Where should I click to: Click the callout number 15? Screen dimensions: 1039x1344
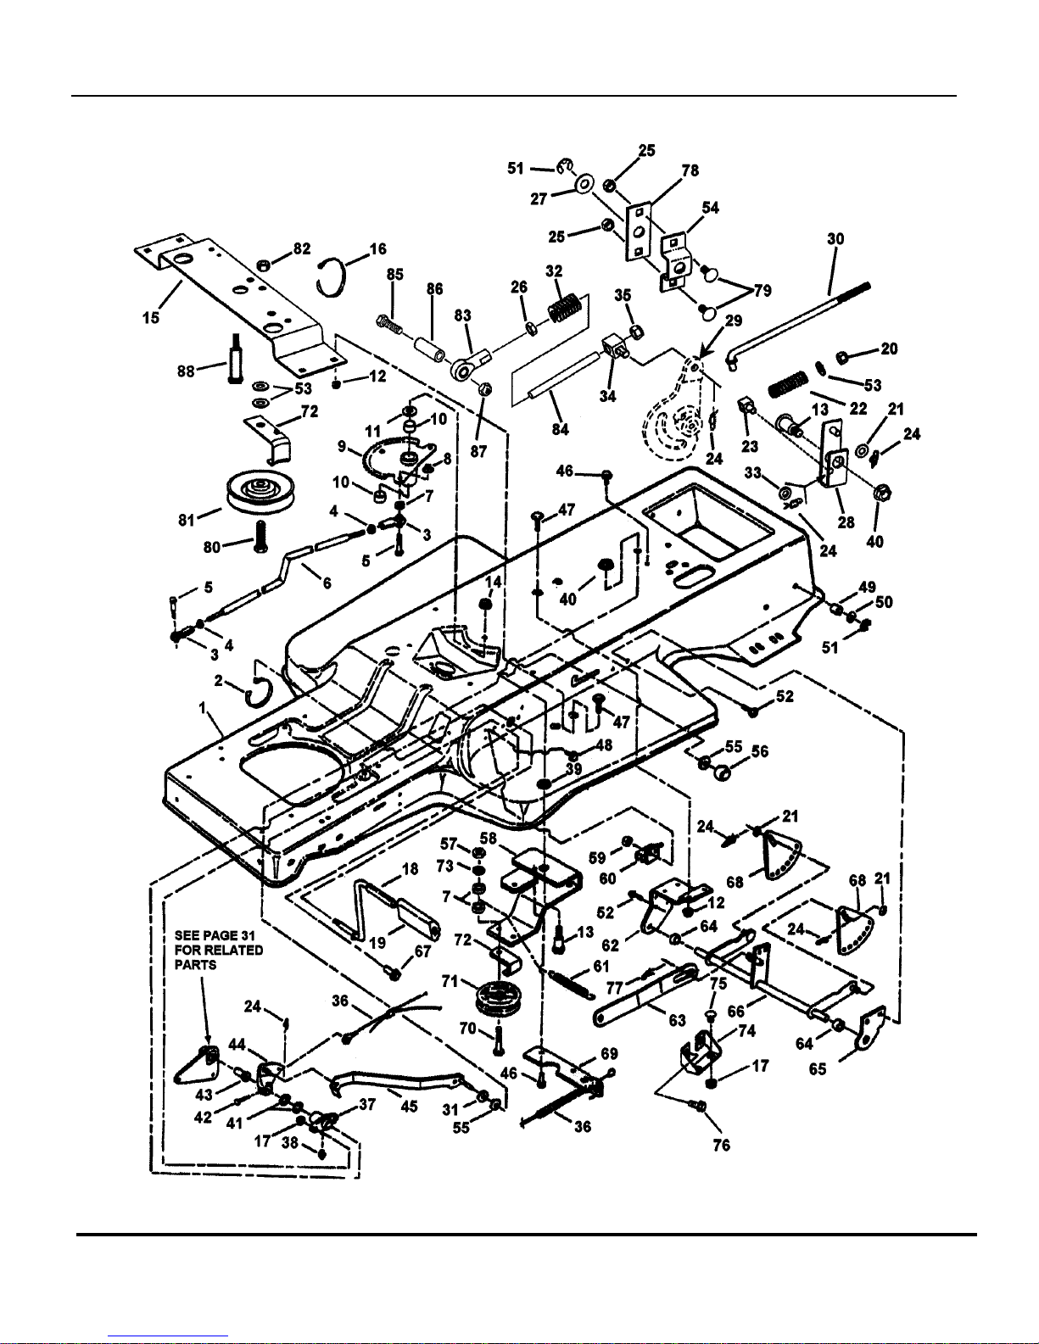coord(151,318)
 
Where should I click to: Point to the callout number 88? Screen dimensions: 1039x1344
coord(186,371)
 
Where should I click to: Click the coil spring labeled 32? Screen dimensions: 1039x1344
coord(565,308)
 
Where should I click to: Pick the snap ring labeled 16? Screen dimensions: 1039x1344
coord(332,279)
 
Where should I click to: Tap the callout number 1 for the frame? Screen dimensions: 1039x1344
coord(202,708)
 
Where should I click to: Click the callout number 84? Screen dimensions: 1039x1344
coord(561,428)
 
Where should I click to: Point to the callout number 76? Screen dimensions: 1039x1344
coord(721,1145)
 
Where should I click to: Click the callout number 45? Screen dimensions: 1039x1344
coord(409,1105)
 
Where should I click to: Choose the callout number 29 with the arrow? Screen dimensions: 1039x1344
coord(734,321)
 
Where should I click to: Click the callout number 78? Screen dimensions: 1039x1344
coord(690,170)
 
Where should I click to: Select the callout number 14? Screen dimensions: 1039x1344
coord(493,582)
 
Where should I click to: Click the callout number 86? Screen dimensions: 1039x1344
coord(435,289)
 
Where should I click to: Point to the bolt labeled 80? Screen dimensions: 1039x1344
coord(260,536)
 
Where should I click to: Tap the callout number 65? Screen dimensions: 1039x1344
coord(818,1068)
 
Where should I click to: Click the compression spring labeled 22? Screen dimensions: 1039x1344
coord(789,384)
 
